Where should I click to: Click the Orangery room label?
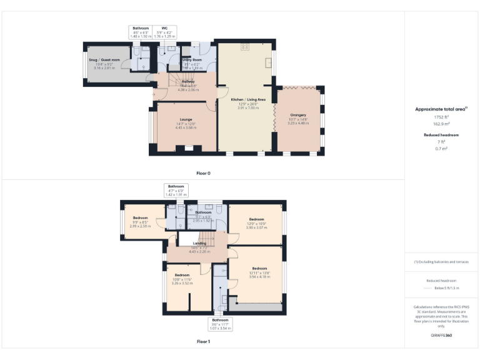coord(297,115)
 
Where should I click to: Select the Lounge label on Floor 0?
coord(186,119)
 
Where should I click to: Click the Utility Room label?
coord(192,59)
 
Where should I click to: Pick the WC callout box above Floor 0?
coord(164,32)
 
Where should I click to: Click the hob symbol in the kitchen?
coord(245,47)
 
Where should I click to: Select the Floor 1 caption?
coord(204,342)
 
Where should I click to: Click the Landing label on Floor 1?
coord(199,243)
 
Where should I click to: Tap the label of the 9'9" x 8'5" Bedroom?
coord(140,218)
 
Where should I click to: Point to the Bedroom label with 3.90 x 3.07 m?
coord(257,219)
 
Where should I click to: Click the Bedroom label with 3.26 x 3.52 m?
coord(182,275)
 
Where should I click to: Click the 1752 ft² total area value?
coord(441,117)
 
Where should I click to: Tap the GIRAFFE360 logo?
coord(441,336)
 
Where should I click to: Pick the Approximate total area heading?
coord(441,109)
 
